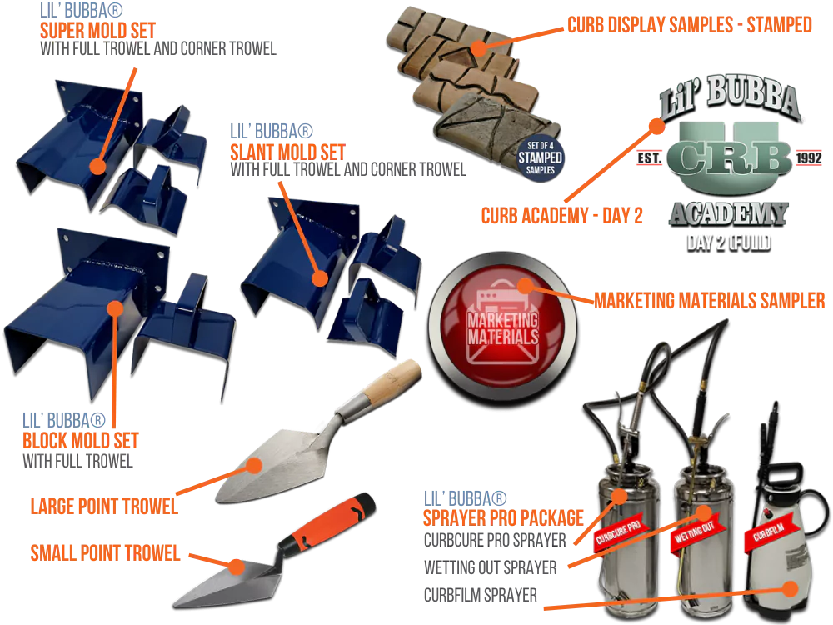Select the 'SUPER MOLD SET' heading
[97, 30]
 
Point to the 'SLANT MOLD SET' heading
[287, 152]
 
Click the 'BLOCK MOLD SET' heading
[80, 441]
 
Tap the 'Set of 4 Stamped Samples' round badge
[541, 157]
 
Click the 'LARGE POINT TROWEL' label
[104, 507]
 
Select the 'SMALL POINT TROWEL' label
[105, 553]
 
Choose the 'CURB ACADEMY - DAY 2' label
[562, 216]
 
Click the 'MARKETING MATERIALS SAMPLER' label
[709, 301]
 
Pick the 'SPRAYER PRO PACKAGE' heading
[503, 517]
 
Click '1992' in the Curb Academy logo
[809, 157]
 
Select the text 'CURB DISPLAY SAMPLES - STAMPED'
[690, 25]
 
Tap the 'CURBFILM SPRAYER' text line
[481, 595]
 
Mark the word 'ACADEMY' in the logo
[728, 213]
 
